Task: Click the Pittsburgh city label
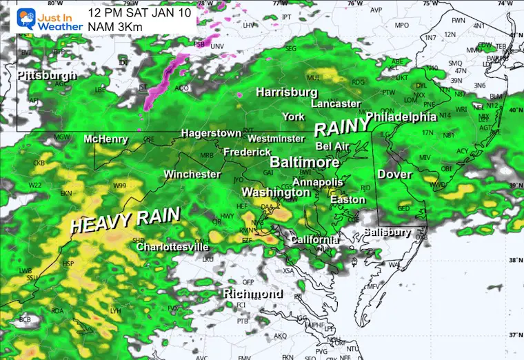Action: pyautogui.click(x=47, y=74)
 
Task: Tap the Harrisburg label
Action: pyautogui.click(x=287, y=92)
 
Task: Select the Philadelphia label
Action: pyautogui.click(x=401, y=116)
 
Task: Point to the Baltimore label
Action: pyautogui.click(x=304, y=163)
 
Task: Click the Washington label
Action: pyautogui.click(x=276, y=192)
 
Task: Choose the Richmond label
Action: pyautogui.click(x=252, y=294)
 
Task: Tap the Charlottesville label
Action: pyautogui.click(x=172, y=246)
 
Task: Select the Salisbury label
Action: pyautogui.click(x=387, y=232)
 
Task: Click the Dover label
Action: pyautogui.click(x=394, y=174)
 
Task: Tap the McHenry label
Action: pyautogui.click(x=105, y=139)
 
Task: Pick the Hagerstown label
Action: pyautogui.click(x=211, y=133)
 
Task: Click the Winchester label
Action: pyautogui.click(x=192, y=174)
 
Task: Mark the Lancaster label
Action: pyautogui.click(x=336, y=103)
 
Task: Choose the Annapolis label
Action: pyautogui.click(x=317, y=182)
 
